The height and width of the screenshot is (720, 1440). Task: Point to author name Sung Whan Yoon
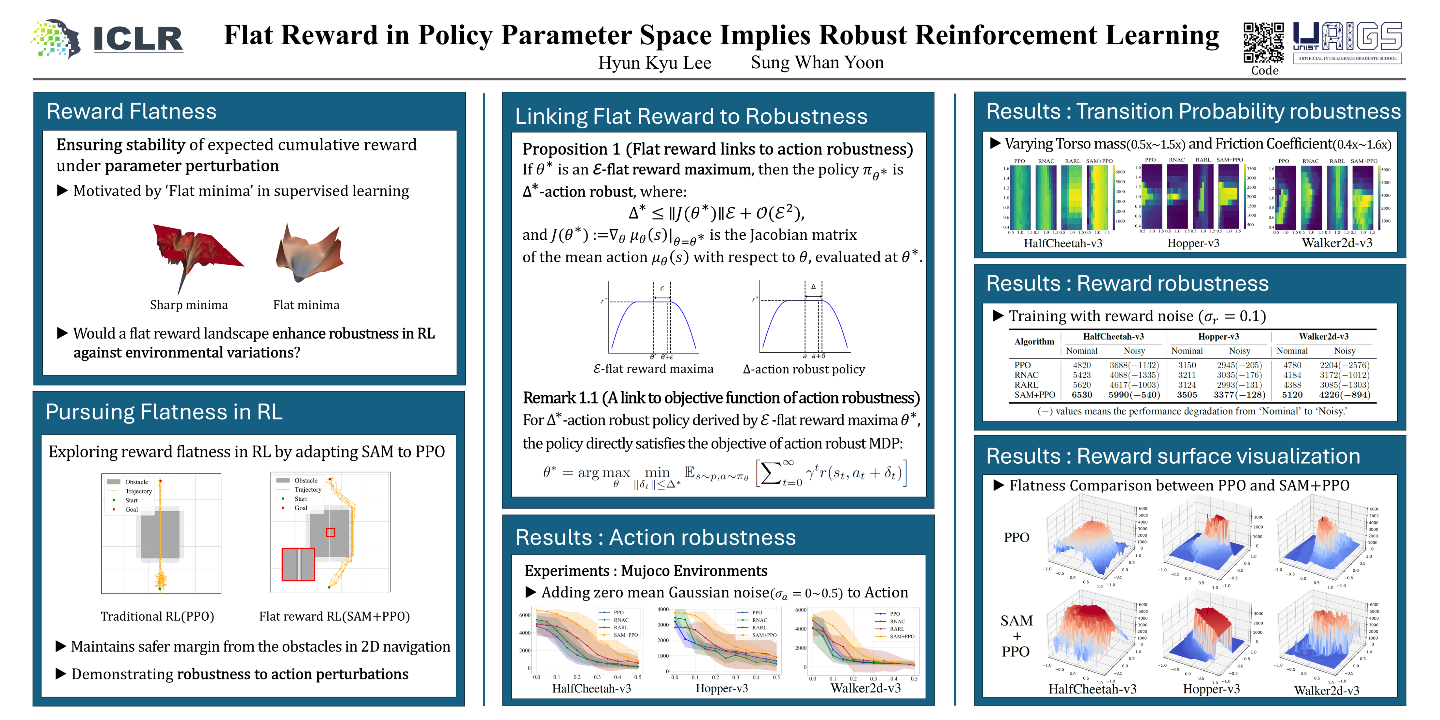(x=817, y=63)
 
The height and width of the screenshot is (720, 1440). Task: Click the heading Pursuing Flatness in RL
(x=164, y=412)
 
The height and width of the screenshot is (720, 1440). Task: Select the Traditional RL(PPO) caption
(x=157, y=616)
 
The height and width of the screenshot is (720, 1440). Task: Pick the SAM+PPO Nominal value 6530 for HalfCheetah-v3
(x=1082, y=395)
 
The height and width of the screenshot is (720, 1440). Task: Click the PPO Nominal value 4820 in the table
(x=1082, y=365)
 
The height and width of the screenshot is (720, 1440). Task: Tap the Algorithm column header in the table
(x=1034, y=342)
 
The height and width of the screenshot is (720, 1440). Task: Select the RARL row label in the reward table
(x=1026, y=385)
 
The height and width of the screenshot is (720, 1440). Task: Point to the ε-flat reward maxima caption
(x=653, y=369)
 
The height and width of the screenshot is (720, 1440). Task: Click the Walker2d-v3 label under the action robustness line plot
(x=865, y=688)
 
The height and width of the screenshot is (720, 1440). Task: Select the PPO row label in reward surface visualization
(x=1016, y=537)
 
